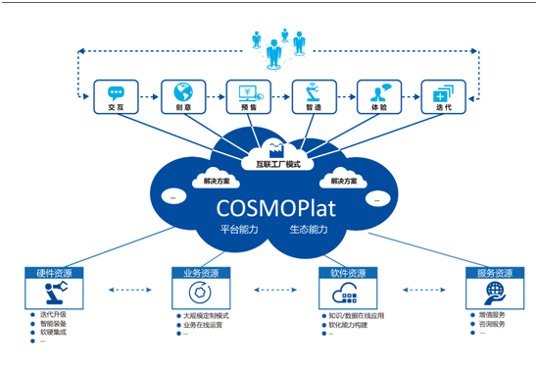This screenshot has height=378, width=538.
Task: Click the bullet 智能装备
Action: coord(55,324)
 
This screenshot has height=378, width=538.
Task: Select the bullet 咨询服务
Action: coord(493,324)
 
